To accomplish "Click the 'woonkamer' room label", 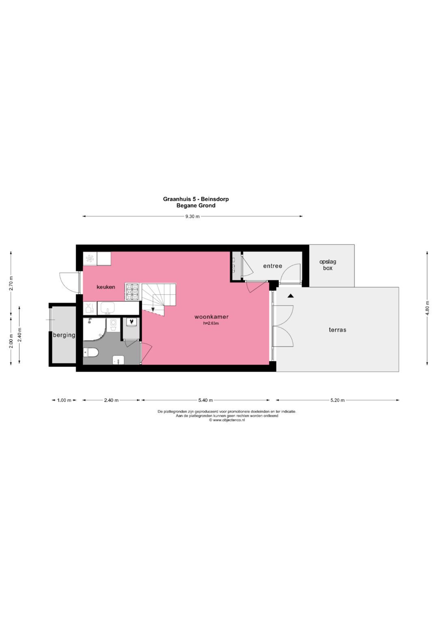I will coord(211,317).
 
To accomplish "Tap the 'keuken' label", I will coord(106,287).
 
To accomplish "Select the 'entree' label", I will coord(273,266).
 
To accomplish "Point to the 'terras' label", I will coord(337,330).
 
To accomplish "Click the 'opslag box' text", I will coord(328,265).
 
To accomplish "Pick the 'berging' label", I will coord(64,335).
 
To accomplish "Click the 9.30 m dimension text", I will coord(192,216).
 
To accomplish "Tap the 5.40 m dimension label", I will coord(205,401).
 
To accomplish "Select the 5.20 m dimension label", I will coord(337,401).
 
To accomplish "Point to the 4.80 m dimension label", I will coord(427,308).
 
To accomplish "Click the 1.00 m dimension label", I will coord(64,401).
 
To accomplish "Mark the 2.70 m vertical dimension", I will coord(11,283).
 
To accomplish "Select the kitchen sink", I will coord(107,308).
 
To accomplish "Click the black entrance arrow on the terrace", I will coord(290,296).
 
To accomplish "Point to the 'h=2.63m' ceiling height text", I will coord(211,323).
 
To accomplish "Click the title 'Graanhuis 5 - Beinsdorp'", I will coord(196,199).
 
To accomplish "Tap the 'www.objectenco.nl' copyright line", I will coord(227,420).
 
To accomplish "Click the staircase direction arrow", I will coord(153,310).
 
